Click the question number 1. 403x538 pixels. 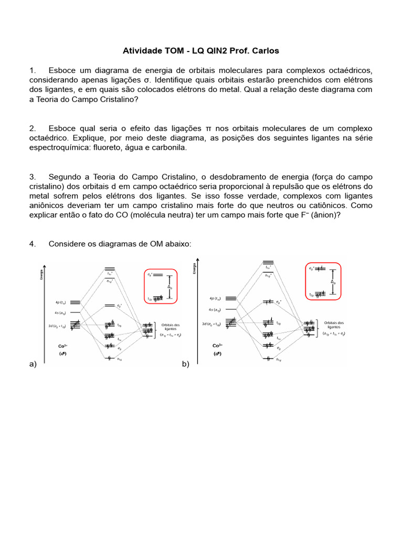32,70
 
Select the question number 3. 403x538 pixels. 32,177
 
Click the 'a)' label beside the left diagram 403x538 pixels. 33,364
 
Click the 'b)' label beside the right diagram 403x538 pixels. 185,364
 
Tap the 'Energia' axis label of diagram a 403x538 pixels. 43,274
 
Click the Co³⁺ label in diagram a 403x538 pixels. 62,346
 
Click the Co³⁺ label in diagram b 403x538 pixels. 217,346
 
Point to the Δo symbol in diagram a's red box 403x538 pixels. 169,287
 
